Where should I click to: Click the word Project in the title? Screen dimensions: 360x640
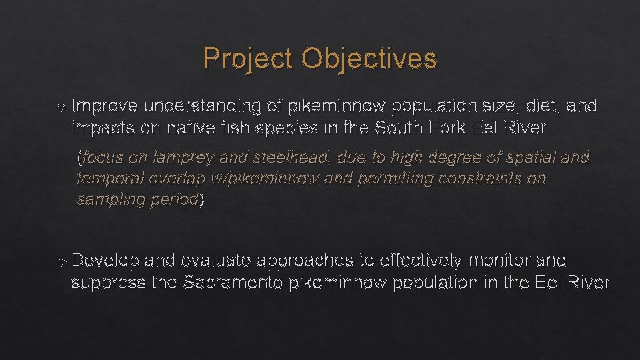click(x=248, y=59)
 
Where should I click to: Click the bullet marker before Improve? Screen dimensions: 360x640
click(x=62, y=107)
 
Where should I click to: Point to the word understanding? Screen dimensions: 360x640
click(x=204, y=106)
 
